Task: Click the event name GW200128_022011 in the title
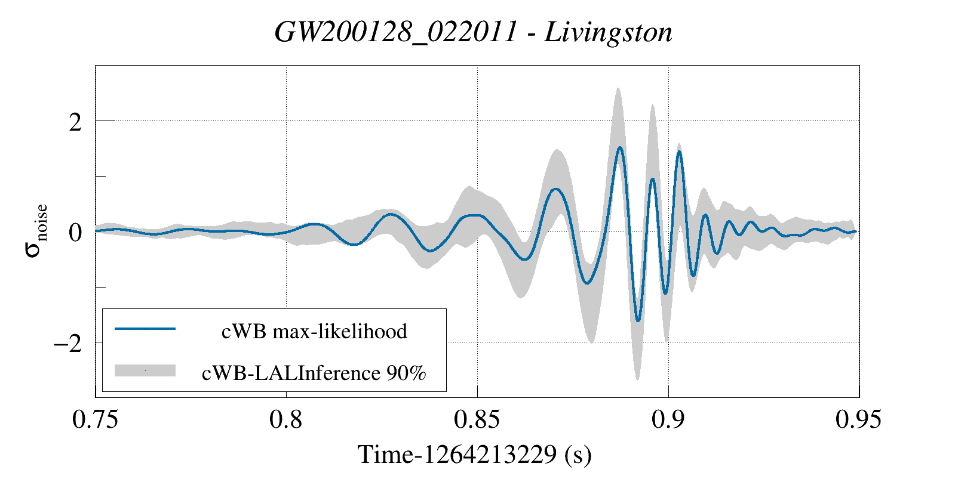[x=395, y=32]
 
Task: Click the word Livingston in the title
[x=609, y=32]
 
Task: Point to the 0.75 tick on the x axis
[x=96, y=419]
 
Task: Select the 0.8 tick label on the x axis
[x=287, y=419]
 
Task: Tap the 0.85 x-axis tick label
[x=477, y=419]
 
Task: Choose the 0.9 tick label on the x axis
[x=668, y=419]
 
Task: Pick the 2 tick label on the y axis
[x=75, y=122]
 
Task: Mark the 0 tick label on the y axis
[x=75, y=232]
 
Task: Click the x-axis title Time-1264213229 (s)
[x=474, y=455]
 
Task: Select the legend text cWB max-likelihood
[x=314, y=331]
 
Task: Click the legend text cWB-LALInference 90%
[x=314, y=373]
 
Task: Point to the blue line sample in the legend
[x=145, y=329]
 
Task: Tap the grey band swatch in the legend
[x=145, y=370]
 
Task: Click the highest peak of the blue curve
[x=620, y=147]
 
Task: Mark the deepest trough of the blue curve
[x=638, y=321]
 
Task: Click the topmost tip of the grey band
[x=618, y=88]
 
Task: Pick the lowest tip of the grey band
[x=637, y=379]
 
